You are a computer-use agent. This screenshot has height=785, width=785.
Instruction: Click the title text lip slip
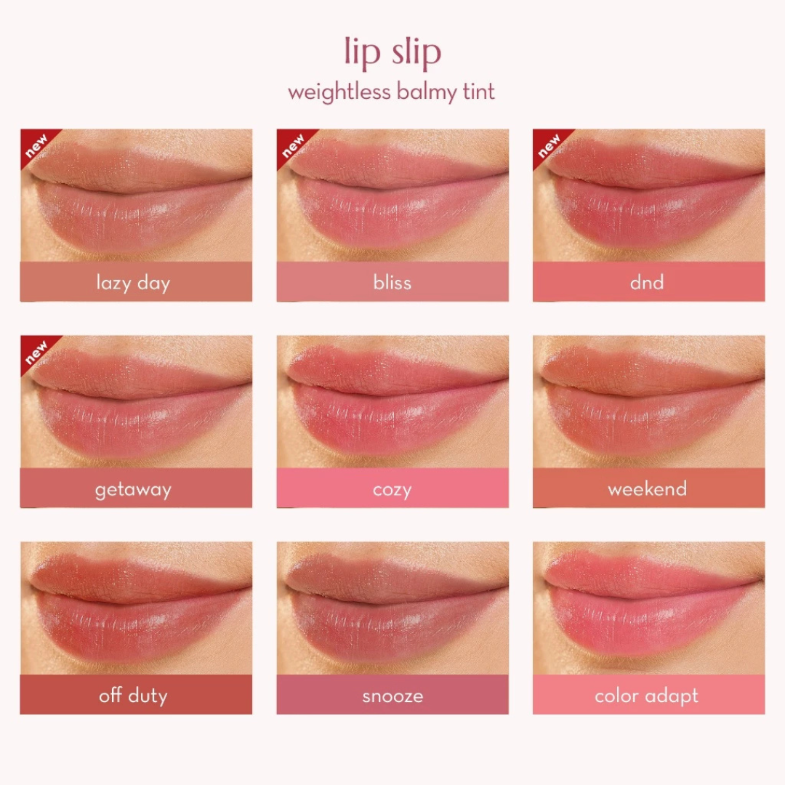click(392, 52)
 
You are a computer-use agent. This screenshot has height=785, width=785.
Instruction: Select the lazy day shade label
click(133, 282)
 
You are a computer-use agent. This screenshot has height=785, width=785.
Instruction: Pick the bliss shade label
click(392, 282)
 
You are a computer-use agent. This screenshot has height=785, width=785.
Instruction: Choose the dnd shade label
click(647, 282)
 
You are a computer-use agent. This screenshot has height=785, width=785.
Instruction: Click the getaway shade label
click(133, 489)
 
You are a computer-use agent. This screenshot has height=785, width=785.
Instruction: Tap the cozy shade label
click(392, 489)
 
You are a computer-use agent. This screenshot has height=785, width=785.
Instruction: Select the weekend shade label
click(647, 488)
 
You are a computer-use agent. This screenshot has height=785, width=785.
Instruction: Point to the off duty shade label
click(133, 696)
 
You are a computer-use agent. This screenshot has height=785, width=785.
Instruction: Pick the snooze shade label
click(392, 696)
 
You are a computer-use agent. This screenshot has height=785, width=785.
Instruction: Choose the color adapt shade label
click(647, 696)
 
